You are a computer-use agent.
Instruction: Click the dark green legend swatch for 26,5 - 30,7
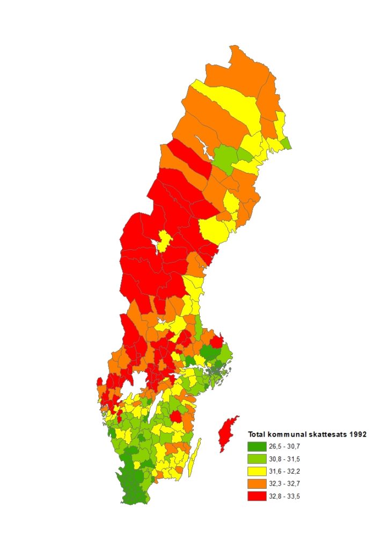(x=257, y=446)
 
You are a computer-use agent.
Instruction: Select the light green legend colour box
(x=257, y=459)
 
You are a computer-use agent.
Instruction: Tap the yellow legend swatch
(x=257, y=471)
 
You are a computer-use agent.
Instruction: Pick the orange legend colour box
(x=257, y=483)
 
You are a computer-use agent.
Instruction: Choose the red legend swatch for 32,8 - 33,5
(x=257, y=496)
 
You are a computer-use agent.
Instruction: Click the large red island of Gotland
(x=228, y=433)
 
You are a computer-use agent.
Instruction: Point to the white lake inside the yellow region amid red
(x=159, y=245)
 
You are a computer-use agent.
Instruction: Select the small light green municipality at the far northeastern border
(x=287, y=143)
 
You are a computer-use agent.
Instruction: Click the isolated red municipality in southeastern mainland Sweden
(x=175, y=417)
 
